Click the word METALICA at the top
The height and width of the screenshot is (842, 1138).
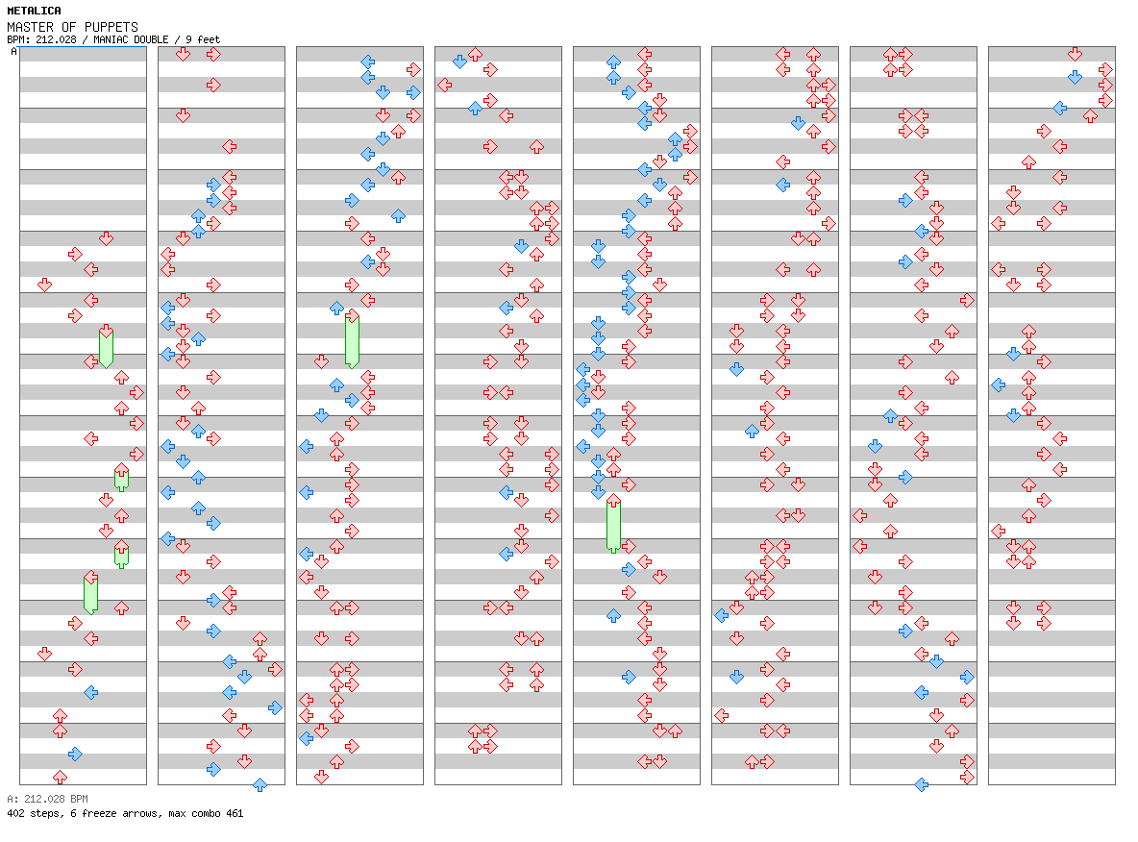tap(34, 12)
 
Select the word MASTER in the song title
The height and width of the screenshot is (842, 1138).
tap(27, 27)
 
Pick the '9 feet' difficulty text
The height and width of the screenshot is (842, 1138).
tap(202, 39)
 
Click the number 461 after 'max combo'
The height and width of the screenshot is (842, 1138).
tap(234, 813)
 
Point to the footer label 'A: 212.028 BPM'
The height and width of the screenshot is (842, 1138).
tap(47, 799)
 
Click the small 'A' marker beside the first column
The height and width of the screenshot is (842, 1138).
tap(14, 52)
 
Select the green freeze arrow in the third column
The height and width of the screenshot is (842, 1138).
tap(352, 340)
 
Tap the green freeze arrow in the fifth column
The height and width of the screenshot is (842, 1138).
tap(613, 525)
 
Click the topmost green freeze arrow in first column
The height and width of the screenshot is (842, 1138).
tap(107, 346)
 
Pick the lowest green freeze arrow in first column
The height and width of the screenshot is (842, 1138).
tap(90, 593)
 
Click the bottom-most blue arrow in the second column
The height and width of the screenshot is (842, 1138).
tap(260, 784)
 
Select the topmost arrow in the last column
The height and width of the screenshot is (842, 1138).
tap(1075, 54)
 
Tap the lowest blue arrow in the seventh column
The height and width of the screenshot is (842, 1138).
tap(921, 784)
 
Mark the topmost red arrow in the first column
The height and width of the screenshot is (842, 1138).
tap(107, 238)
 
